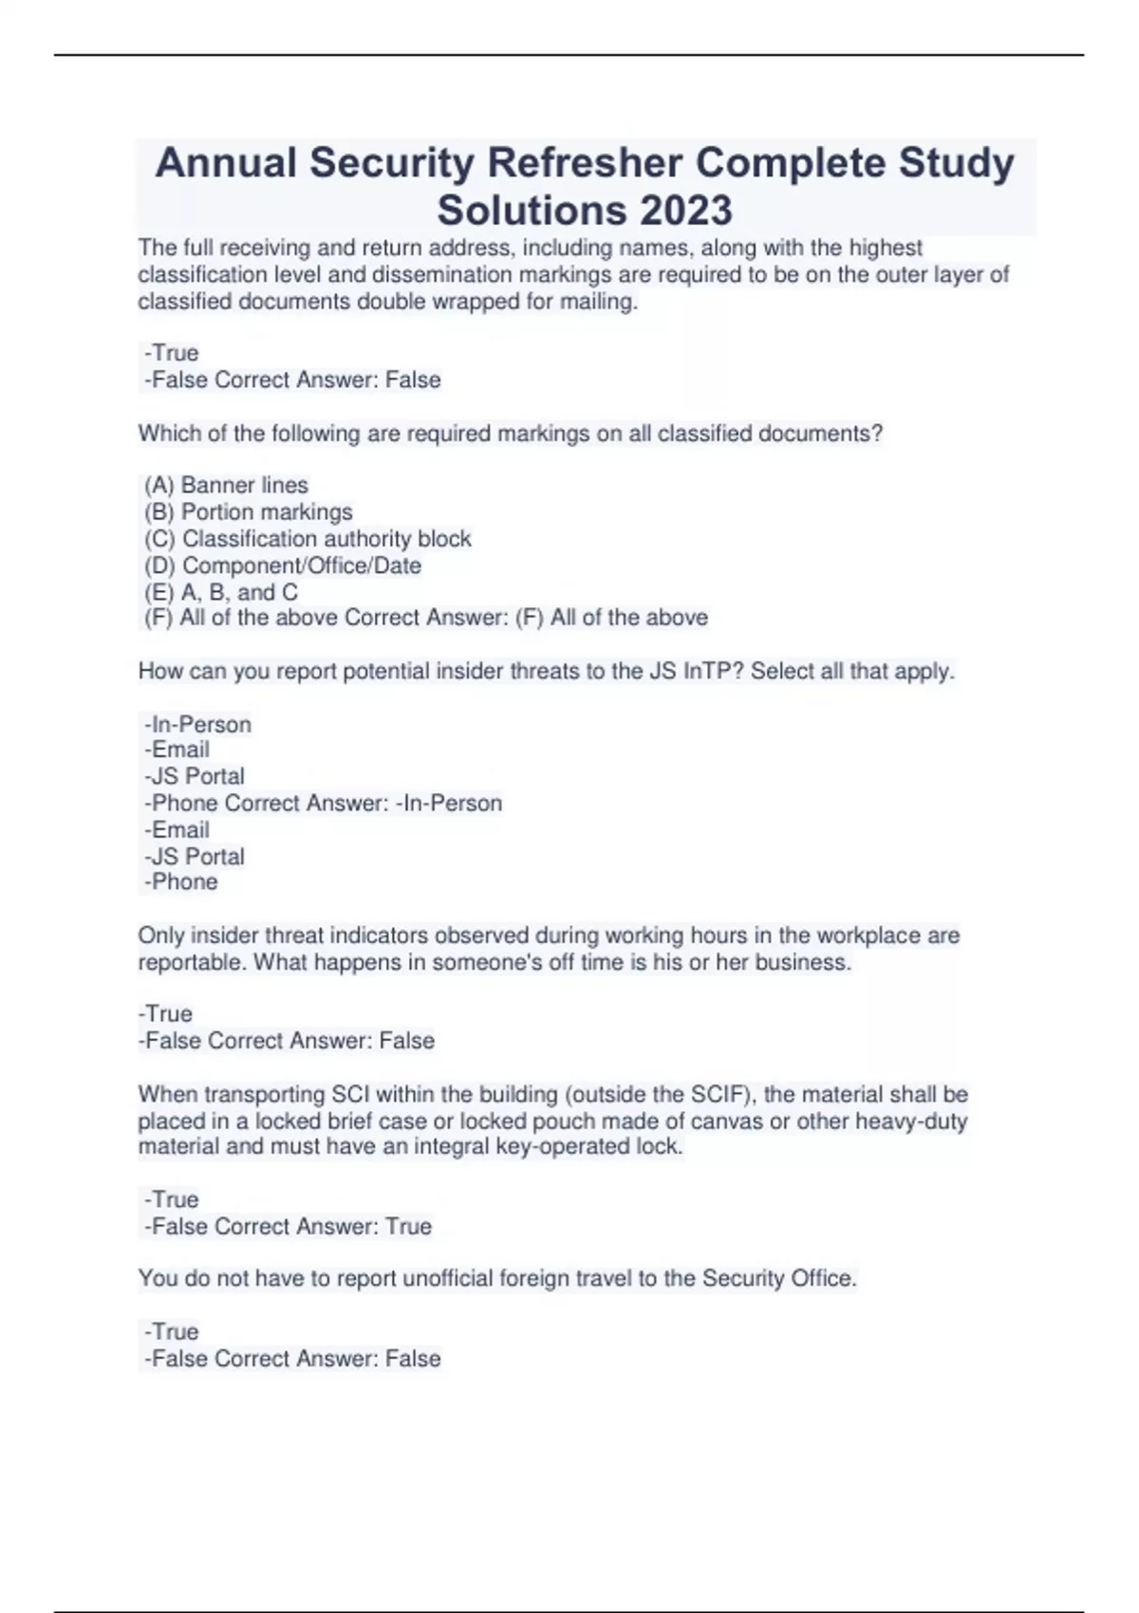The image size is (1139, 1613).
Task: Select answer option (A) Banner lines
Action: click(x=227, y=485)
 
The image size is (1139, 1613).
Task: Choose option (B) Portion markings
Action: click(x=249, y=511)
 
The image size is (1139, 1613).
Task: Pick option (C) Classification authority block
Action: click(x=308, y=539)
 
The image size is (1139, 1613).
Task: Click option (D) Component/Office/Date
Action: click(x=283, y=565)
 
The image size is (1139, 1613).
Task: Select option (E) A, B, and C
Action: click(x=221, y=592)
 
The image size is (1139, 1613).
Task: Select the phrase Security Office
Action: click(x=778, y=1278)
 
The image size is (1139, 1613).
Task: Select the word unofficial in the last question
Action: click(x=451, y=1278)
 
